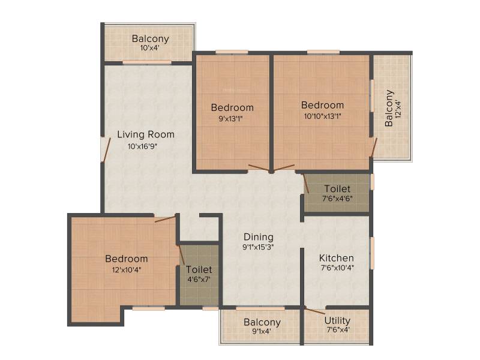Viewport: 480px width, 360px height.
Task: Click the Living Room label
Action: pyautogui.click(x=146, y=134)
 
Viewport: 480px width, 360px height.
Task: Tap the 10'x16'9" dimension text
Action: pyautogui.click(x=142, y=146)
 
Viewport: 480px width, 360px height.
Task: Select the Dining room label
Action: pyautogui.click(x=259, y=237)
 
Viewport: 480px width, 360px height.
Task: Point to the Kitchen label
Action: pyautogui.click(x=337, y=258)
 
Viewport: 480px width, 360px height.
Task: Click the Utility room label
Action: pyautogui.click(x=337, y=321)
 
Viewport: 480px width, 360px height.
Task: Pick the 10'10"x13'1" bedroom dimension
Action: pyautogui.click(x=323, y=116)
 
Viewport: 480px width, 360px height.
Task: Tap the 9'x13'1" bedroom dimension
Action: pyautogui.click(x=230, y=118)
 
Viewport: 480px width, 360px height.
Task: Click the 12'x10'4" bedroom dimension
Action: pyautogui.click(x=127, y=269)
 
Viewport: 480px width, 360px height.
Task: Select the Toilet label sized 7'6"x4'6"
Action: pyautogui.click(x=337, y=188)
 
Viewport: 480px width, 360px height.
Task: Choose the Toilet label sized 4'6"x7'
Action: pyautogui.click(x=199, y=269)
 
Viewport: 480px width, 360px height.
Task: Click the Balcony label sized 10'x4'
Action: pyautogui.click(x=151, y=39)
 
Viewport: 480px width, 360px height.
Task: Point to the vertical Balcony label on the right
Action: pyautogui.click(x=389, y=108)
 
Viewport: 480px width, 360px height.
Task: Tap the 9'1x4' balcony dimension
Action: pyautogui.click(x=262, y=331)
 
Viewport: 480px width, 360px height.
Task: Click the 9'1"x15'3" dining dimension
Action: pyautogui.click(x=258, y=247)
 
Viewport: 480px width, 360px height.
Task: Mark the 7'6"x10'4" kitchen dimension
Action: pyautogui.click(x=337, y=268)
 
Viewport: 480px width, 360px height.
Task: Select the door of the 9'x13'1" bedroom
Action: pyautogui.click(x=259, y=169)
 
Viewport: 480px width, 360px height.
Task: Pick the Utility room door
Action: pyautogui.click(x=316, y=311)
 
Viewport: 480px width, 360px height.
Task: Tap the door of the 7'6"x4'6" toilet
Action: pyautogui.click(x=305, y=184)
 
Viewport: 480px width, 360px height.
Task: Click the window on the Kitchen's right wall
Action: pyautogui.click(x=372, y=253)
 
